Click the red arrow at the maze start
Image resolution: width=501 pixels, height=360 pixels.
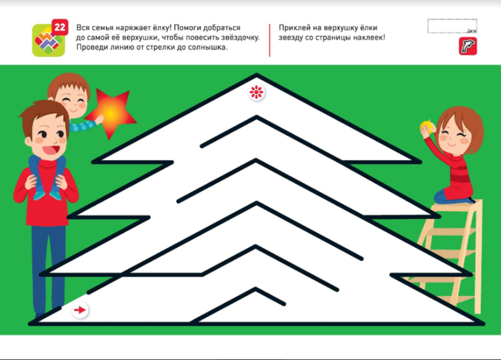point(80,310)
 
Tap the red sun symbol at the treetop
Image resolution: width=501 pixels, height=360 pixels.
point(256,92)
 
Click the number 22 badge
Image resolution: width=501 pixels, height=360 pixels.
point(60,27)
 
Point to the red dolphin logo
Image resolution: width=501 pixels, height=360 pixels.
point(468,46)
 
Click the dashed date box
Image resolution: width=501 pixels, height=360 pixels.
point(452,26)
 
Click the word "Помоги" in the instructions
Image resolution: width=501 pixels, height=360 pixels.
point(191,28)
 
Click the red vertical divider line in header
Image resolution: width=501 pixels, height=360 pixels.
point(269,40)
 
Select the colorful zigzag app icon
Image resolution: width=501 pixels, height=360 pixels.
point(49,40)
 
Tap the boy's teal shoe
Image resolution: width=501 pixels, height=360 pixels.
point(40,195)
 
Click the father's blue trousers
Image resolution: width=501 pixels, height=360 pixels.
point(49,268)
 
